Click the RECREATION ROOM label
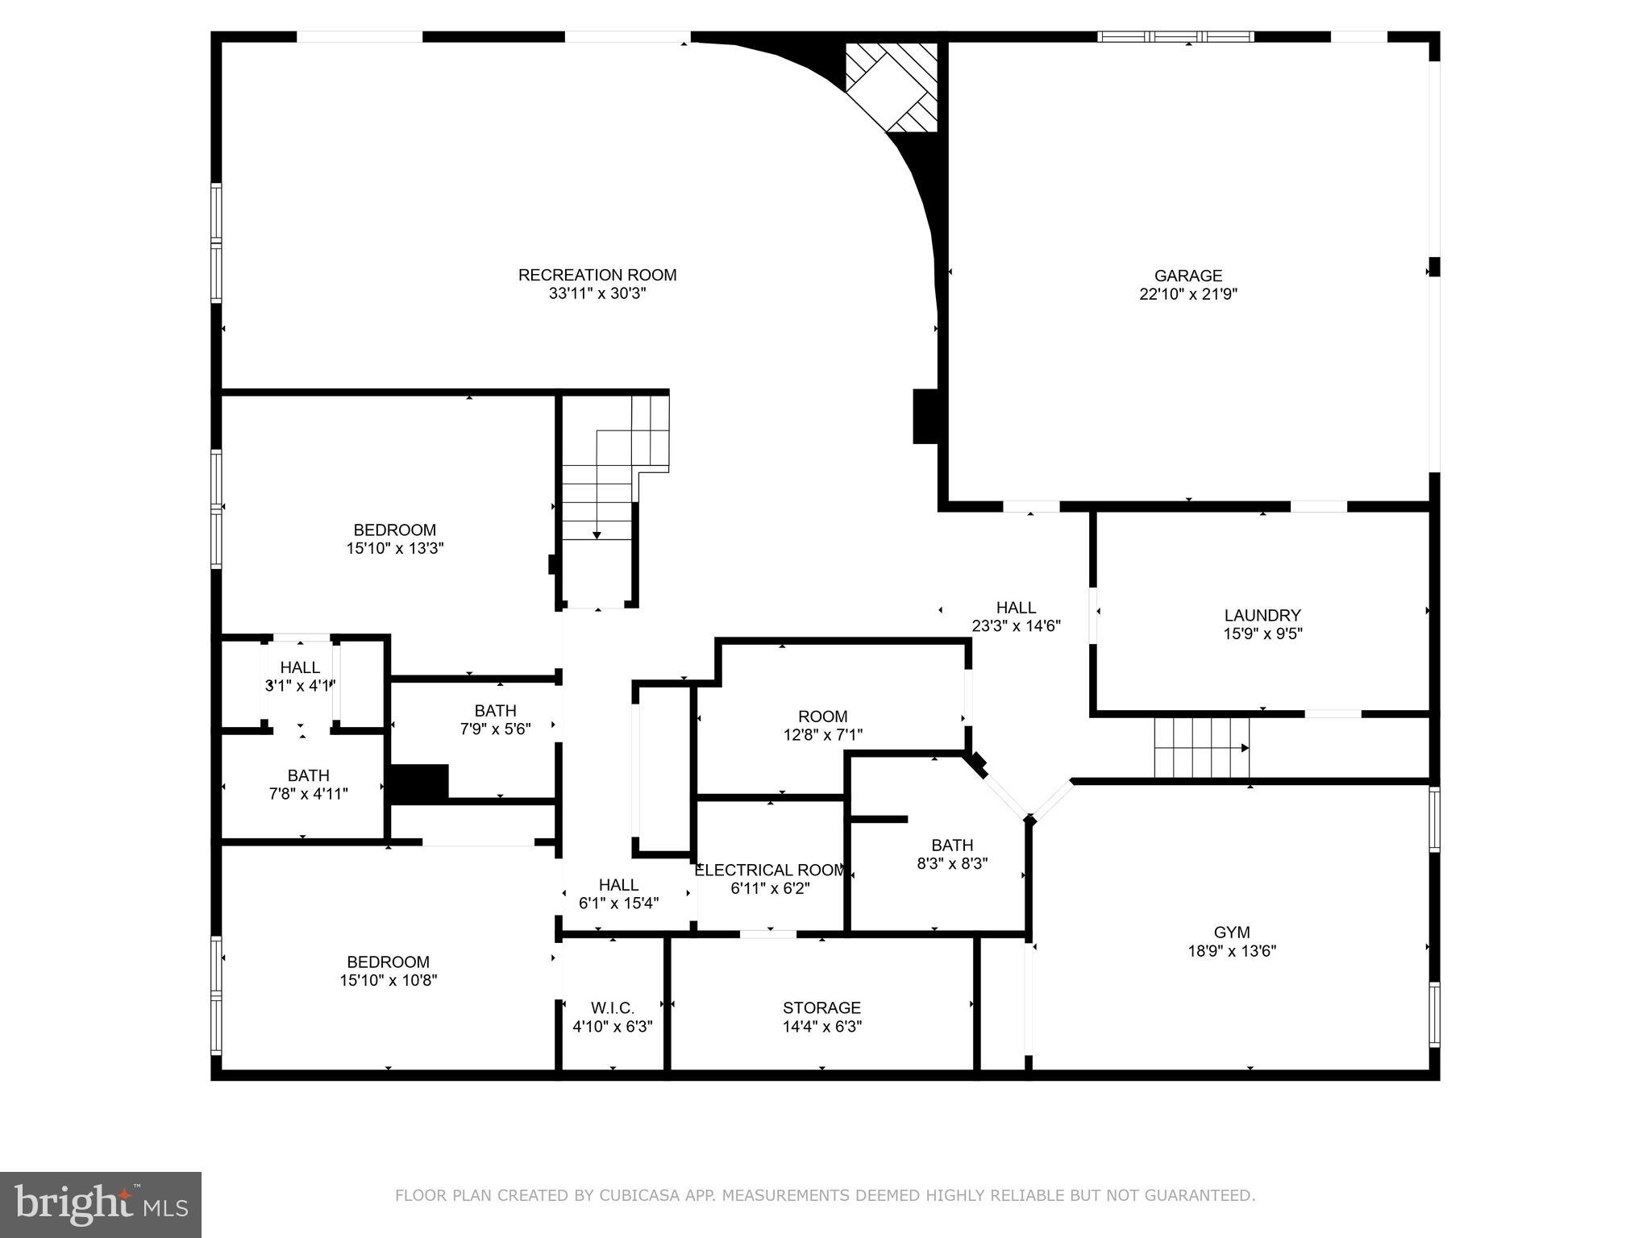pos(597,276)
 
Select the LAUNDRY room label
pos(1262,616)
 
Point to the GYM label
pos(1231,933)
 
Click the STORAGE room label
pos(821,1008)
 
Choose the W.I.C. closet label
pos(612,1008)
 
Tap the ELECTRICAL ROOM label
pos(770,870)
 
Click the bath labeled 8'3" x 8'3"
pos(952,854)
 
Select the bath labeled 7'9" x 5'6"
pos(495,720)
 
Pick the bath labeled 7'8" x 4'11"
pos(308,784)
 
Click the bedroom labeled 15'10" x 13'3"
pos(395,539)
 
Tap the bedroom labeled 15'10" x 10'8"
pos(388,971)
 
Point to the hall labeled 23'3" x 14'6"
pos(1016,617)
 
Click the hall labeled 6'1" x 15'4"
pos(618,894)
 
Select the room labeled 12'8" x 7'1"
pos(822,725)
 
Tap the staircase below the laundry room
pos(1201,747)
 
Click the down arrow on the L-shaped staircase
pos(597,534)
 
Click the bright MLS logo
pos(100,1205)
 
